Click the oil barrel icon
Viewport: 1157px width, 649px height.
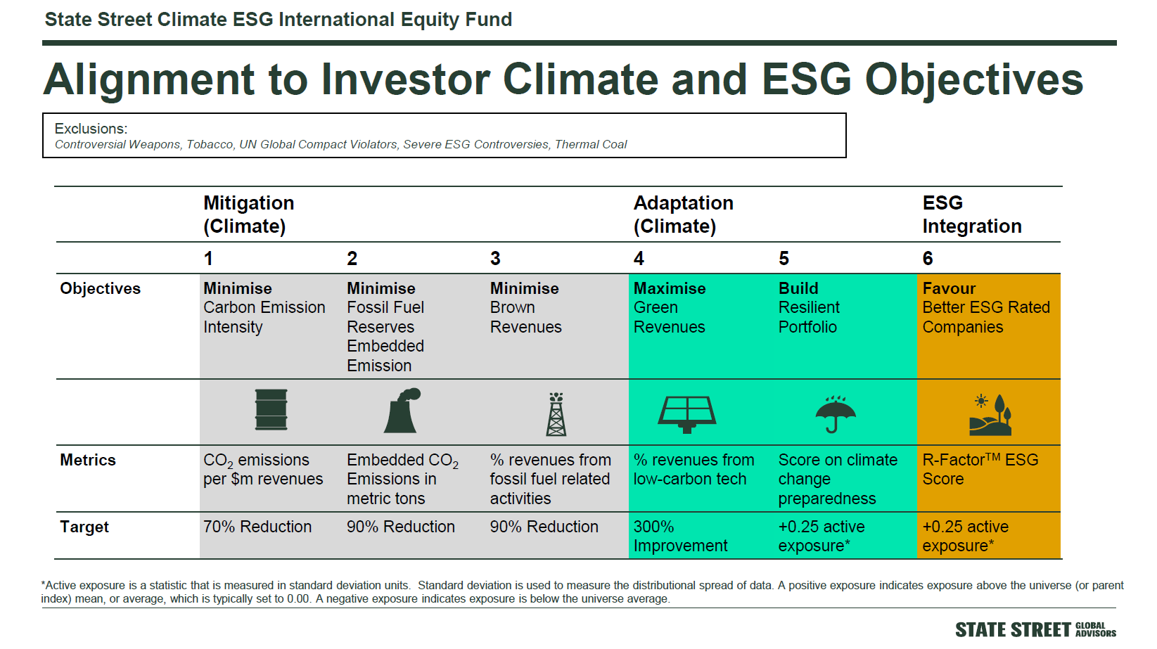(x=271, y=409)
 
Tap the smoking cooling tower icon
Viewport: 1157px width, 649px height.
(x=402, y=411)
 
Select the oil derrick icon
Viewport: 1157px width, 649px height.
(x=556, y=414)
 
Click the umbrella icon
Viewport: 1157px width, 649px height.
(x=835, y=413)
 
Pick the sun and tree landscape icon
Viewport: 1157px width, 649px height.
(x=990, y=415)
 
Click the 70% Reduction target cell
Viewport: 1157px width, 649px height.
(x=257, y=527)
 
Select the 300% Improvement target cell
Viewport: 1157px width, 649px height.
(x=680, y=536)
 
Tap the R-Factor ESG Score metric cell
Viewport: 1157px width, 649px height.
(x=980, y=469)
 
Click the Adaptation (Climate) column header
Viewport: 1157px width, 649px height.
(x=684, y=214)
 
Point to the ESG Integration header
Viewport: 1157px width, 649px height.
(x=972, y=214)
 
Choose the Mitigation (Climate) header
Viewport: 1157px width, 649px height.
(x=248, y=214)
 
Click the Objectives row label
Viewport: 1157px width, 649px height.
(x=100, y=288)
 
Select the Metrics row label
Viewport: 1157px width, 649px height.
(x=88, y=460)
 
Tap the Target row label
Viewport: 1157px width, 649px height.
(x=84, y=527)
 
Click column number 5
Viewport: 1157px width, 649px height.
(x=784, y=258)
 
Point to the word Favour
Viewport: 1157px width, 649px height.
(x=949, y=288)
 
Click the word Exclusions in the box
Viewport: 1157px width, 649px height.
(x=91, y=129)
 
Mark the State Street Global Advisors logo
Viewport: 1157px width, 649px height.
(x=1035, y=630)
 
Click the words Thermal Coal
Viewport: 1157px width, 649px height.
(x=591, y=145)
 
